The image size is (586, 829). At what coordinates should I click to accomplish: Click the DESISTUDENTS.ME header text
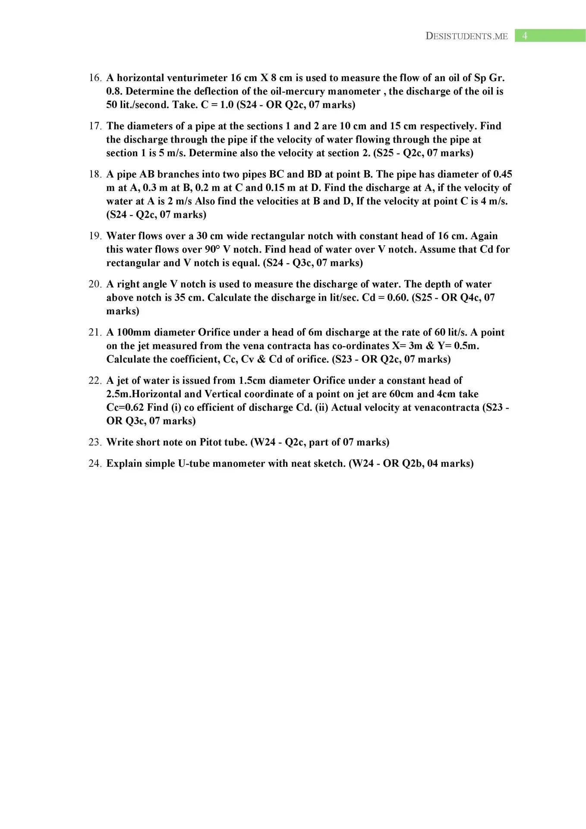[x=466, y=36]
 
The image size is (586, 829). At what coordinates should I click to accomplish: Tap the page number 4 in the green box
[x=525, y=36]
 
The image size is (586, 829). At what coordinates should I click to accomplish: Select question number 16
[x=95, y=78]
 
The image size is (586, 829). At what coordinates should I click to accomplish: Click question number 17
[x=95, y=126]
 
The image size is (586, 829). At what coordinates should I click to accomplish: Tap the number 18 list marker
[x=95, y=174]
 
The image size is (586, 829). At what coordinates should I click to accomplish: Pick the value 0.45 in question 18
[x=502, y=174]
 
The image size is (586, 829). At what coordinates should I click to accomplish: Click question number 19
[x=95, y=236]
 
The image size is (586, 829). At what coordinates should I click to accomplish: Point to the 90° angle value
[x=212, y=250]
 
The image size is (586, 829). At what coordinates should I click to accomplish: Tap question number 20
[x=95, y=285]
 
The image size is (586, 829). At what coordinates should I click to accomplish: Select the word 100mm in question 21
[x=133, y=332]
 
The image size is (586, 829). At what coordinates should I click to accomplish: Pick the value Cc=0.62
[x=125, y=408]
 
